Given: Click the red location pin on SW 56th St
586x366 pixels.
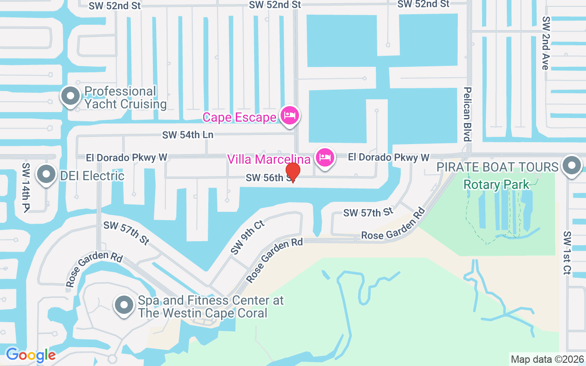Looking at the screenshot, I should click(x=293, y=172).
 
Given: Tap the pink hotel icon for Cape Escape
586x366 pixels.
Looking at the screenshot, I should click(x=289, y=115).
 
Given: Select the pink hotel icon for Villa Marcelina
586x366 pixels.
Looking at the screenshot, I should click(x=325, y=157).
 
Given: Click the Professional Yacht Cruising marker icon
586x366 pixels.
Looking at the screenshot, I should click(x=71, y=97).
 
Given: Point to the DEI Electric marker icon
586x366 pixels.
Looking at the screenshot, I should click(x=46, y=174).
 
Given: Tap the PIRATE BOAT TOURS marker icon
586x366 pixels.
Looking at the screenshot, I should click(x=571, y=165).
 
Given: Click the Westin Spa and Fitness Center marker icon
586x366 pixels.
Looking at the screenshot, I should click(x=124, y=305).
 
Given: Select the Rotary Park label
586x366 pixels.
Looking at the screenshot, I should click(x=496, y=184).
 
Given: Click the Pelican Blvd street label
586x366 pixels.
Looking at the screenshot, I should click(x=467, y=114).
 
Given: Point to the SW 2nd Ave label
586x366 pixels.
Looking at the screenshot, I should click(x=545, y=43).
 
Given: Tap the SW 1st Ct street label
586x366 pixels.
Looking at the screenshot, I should click(x=567, y=253).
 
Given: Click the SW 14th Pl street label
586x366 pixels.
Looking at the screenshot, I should click(x=26, y=187).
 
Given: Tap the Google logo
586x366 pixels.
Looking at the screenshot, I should click(x=31, y=355).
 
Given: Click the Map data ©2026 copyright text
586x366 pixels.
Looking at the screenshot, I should click(x=547, y=359).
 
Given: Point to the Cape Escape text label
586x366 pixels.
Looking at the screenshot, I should click(x=239, y=117).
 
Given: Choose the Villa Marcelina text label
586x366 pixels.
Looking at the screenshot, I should click(x=269, y=159).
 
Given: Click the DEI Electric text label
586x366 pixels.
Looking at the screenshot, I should click(x=92, y=176).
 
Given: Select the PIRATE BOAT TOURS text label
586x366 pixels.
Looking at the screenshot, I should click(x=498, y=167).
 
